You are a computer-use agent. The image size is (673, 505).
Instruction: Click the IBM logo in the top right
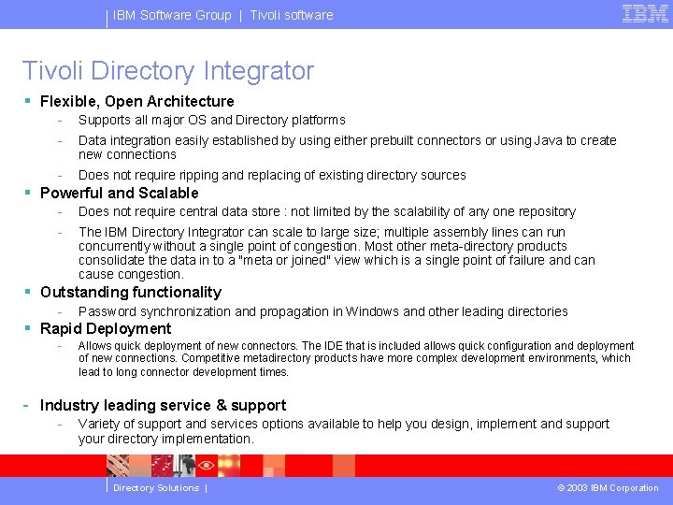click(x=645, y=14)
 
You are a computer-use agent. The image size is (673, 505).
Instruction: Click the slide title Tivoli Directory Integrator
click(x=168, y=71)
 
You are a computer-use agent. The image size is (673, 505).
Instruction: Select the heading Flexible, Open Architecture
click(x=136, y=101)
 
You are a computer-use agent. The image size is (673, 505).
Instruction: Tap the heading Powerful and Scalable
click(x=119, y=193)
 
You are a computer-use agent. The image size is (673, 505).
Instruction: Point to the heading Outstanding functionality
click(x=130, y=293)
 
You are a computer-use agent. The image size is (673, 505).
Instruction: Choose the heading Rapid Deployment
click(x=106, y=328)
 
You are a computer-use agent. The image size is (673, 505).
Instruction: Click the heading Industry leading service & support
click(x=163, y=405)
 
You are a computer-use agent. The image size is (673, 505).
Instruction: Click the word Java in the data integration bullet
click(x=549, y=140)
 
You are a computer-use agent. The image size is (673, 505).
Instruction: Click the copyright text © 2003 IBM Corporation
click(x=608, y=487)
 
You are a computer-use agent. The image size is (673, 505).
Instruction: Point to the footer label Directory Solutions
click(x=156, y=487)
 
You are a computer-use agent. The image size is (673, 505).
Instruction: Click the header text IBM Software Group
click(x=172, y=15)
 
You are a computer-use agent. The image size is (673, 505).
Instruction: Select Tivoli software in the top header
click(x=291, y=15)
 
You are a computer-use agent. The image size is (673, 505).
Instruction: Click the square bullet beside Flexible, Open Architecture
click(x=28, y=101)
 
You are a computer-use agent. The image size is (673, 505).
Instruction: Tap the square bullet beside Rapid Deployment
click(x=28, y=328)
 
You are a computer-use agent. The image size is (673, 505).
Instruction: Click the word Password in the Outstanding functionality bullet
click(x=107, y=311)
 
